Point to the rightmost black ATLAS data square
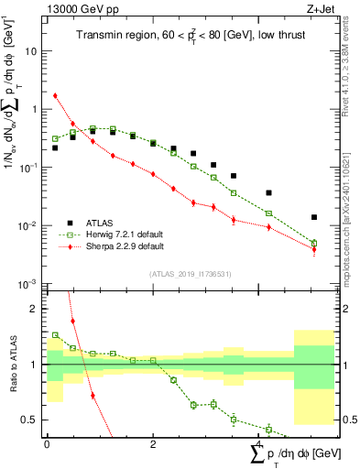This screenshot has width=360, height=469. coord(314,218)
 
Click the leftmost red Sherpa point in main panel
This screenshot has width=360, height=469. coord(55,95)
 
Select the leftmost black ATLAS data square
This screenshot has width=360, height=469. coord(55,147)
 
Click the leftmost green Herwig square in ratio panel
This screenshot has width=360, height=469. coord(55,335)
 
